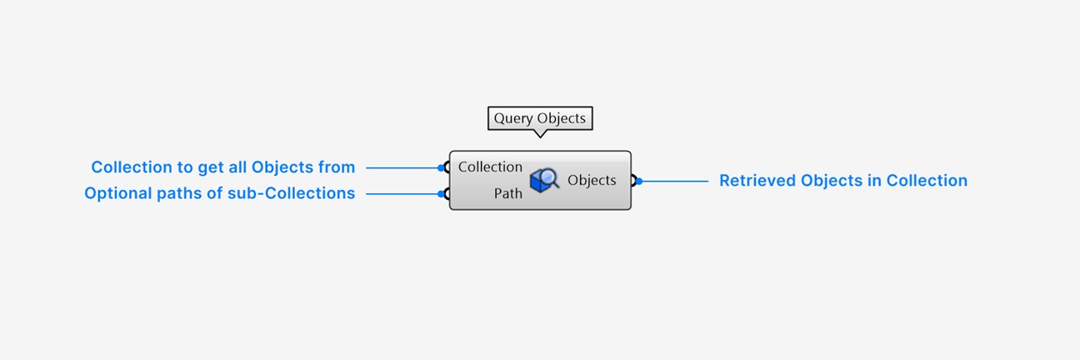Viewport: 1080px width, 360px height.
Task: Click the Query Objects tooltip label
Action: pyautogui.click(x=540, y=118)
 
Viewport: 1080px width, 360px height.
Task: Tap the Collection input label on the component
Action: pyautogui.click(x=490, y=167)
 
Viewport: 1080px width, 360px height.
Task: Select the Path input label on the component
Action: pyautogui.click(x=507, y=193)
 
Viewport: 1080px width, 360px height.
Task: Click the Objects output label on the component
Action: pyautogui.click(x=592, y=180)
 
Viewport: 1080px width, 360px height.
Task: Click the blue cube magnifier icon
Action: pyautogui.click(x=544, y=180)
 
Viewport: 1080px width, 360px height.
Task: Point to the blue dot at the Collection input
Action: pyautogui.click(x=441, y=167)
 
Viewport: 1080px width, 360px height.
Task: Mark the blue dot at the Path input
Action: pyautogui.click(x=441, y=193)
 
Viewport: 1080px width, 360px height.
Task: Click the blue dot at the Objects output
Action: pyautogui.click(x=639, y=181)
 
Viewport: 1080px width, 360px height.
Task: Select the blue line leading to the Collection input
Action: pyautogui.click(x=403, y=167)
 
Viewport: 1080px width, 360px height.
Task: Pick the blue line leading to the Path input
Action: pyautogui.click(x=403, y=193)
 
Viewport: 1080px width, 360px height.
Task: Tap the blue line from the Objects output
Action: pyautogui.click(x=673, y=181)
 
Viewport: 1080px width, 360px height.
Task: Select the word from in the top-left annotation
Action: pyautogui.click(x=337, y=167)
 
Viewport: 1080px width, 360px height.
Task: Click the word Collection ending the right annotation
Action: pyautogui.click(x=927, y=180)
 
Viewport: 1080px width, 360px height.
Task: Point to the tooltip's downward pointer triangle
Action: pyautogui.click(x=540, y=133)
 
